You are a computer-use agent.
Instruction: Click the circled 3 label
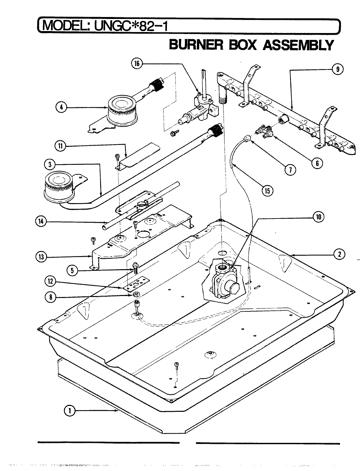click(x=49, y=165)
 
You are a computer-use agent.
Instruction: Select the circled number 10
click(x=319, y=216)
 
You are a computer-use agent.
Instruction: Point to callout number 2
click(x=340, y=254)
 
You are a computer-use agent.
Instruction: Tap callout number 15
click(x=267, y=190)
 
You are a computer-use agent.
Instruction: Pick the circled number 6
click(x=316, y=163)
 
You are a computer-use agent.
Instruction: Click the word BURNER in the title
click(x=194, y=45)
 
